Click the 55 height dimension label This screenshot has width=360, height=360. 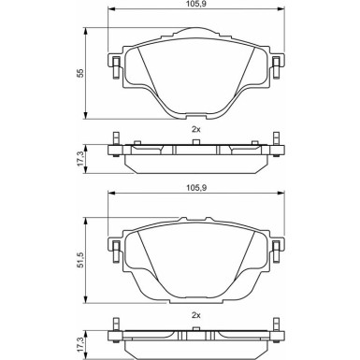(x=80, y=73)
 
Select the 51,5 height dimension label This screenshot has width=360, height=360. (x=80, y=260)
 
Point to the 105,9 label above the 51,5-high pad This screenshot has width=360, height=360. (x=195, y=188)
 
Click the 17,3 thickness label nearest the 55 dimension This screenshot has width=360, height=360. (x=80, y=159)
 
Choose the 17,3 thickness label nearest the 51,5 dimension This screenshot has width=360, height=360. (x=80, y=344)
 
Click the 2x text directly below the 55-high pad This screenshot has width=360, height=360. (x=196, y=130)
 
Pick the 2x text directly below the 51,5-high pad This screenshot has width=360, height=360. (x=196, y=315)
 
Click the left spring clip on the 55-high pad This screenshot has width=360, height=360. (x=115, y=66)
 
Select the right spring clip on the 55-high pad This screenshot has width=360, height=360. (x=276, y=66)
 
